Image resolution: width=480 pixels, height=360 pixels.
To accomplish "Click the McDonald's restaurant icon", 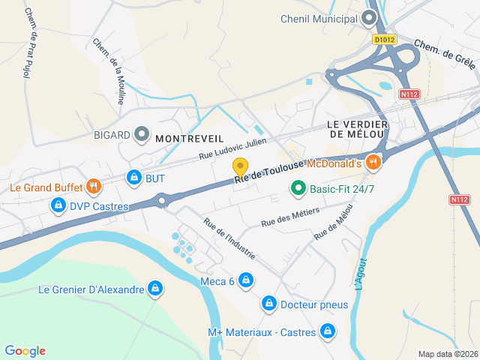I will (373, 162).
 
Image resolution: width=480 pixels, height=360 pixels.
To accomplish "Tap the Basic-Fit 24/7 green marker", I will (298, 189).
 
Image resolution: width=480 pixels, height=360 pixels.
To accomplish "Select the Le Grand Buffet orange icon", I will (94, 185).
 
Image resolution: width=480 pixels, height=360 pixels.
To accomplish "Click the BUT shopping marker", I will (134, 178).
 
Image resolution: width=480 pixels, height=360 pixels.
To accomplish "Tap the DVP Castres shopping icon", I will (57, 205).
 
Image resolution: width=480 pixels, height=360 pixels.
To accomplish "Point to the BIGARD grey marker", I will (141, 135).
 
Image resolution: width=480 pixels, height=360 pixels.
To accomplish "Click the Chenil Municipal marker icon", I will (368, 17).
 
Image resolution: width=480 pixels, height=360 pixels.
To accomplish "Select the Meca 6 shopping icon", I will (246, 280).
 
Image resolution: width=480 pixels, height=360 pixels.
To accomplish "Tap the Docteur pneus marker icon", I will (268, 304).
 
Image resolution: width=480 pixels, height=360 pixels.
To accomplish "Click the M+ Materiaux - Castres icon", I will (327, 330).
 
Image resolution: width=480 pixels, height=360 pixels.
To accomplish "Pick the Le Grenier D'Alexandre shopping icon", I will (154, 289).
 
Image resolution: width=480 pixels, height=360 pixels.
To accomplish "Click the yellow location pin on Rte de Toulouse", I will (240, 167).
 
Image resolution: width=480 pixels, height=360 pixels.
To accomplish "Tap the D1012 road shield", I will (383, 39).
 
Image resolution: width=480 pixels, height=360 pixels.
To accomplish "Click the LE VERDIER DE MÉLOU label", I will (356, 128).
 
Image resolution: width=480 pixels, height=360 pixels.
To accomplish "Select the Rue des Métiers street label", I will (289, 217).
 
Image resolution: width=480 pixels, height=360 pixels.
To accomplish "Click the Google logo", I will (25, 350).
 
